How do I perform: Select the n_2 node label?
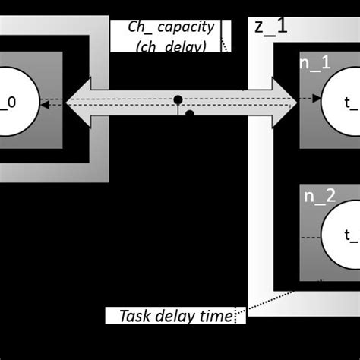coord(320,197)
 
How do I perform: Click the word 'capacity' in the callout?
coord(187,27)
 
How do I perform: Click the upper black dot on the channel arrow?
coord(178,99)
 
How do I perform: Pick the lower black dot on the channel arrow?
coord(190,115)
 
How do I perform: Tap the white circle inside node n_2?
coord(344,236)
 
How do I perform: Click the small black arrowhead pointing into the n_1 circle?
coord(316,99)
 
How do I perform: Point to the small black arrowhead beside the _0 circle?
coord(45,105)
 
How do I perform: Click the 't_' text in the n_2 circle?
coord(351,236)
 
